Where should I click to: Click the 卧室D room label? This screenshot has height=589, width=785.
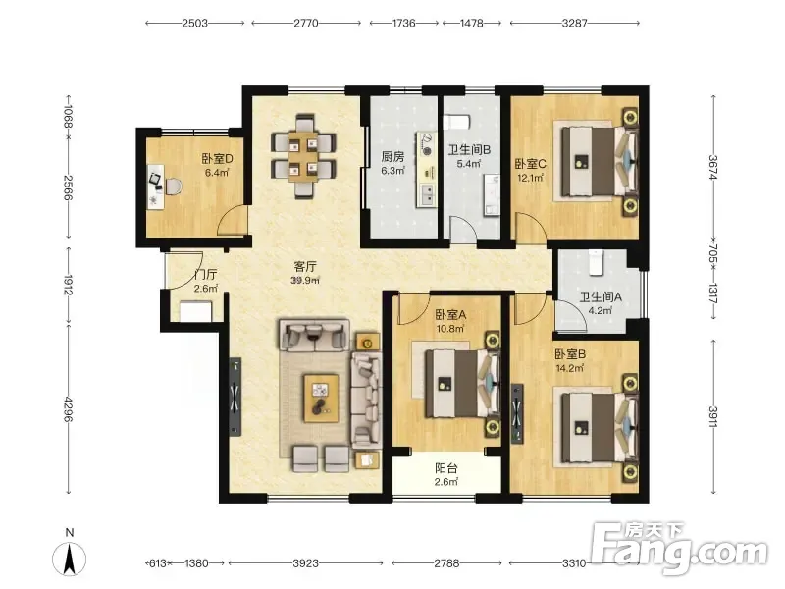point(217,159)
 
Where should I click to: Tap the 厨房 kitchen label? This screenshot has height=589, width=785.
point(392,157)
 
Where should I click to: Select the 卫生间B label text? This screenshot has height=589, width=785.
point(469,150)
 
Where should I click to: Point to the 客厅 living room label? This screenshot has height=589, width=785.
point(305,267)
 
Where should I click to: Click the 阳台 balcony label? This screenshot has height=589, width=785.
point(446,469)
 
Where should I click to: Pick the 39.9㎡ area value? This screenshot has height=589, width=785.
point(305,281)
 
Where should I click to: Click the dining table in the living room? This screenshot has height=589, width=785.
point(303,156)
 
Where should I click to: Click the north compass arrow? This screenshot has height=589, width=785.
point(70,559)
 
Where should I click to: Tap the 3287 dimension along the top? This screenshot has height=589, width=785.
point(574,23)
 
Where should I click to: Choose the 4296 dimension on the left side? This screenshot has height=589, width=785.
point(68,408)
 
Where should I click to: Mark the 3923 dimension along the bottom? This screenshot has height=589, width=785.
point(305,563)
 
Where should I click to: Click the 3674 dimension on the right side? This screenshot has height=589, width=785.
point(713,167)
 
